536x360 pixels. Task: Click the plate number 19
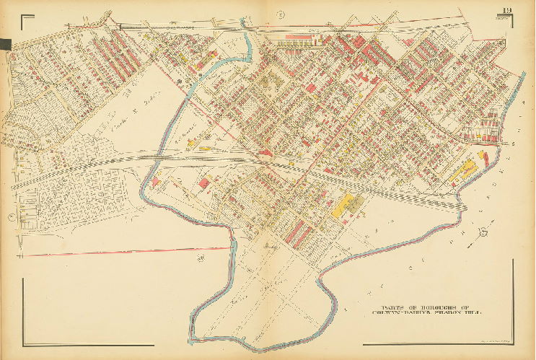(x=509, y=9)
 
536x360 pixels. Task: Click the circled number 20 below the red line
(x=201, y=257)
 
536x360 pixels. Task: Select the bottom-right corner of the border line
(x=513, y=343)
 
